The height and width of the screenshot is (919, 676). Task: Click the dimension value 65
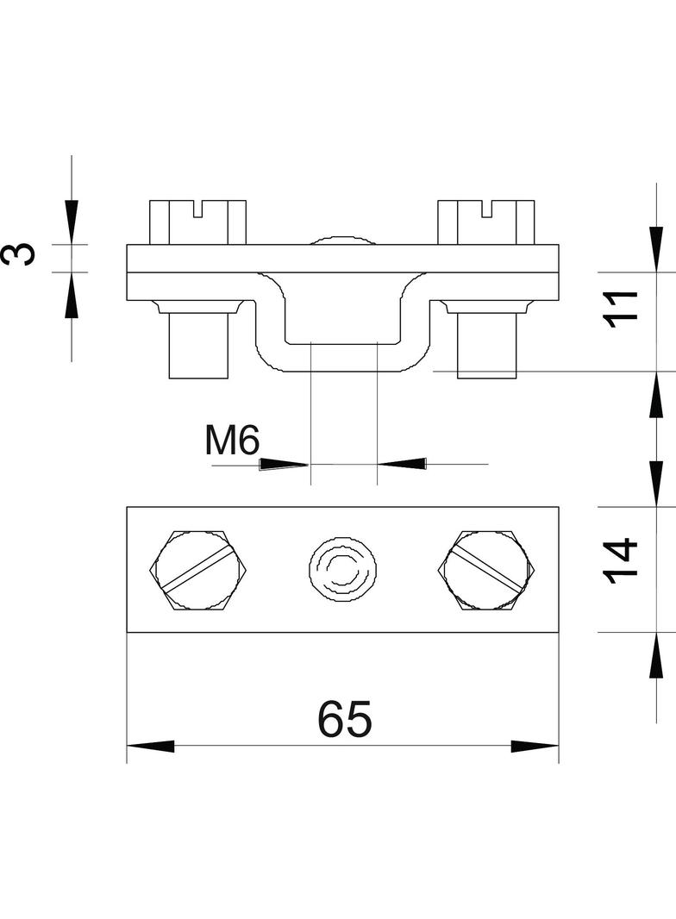pyautogui.click(x=345, y=718)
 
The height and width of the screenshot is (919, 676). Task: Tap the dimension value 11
pyautogui.click(x=621, y=309)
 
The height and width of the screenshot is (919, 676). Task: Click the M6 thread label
pyautogui.click(x=232, y=441)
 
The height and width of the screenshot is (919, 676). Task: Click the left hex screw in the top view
pyautogui.click(x=199, y=571)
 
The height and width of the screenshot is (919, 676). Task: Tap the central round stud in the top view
pyautogui.click(x=343, y=567)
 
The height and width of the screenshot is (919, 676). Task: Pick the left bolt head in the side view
pyautogui.click(x=197, y=222)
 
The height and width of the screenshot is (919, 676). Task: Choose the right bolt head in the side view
pyautogui.click(x=486, y=222)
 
